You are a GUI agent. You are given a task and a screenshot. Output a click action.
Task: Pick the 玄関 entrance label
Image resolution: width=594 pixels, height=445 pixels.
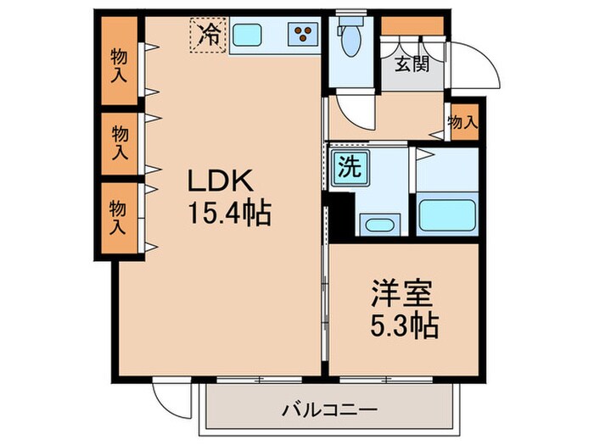411,64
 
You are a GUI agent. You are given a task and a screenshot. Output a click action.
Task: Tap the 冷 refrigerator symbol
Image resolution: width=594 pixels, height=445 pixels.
208,35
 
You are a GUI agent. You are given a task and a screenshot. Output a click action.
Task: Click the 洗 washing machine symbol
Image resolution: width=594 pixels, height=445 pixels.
350,166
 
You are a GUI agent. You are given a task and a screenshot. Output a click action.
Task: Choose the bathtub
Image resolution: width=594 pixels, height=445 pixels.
446,219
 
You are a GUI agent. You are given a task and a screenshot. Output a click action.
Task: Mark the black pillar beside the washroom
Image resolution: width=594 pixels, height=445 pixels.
341,215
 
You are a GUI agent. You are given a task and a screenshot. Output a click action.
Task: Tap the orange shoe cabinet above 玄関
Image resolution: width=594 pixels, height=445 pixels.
412,25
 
